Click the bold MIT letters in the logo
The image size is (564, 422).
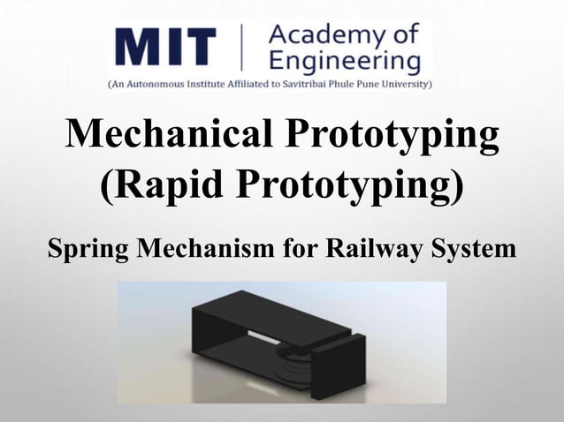pos(165,48)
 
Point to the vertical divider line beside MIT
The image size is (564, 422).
pos(240,49)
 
